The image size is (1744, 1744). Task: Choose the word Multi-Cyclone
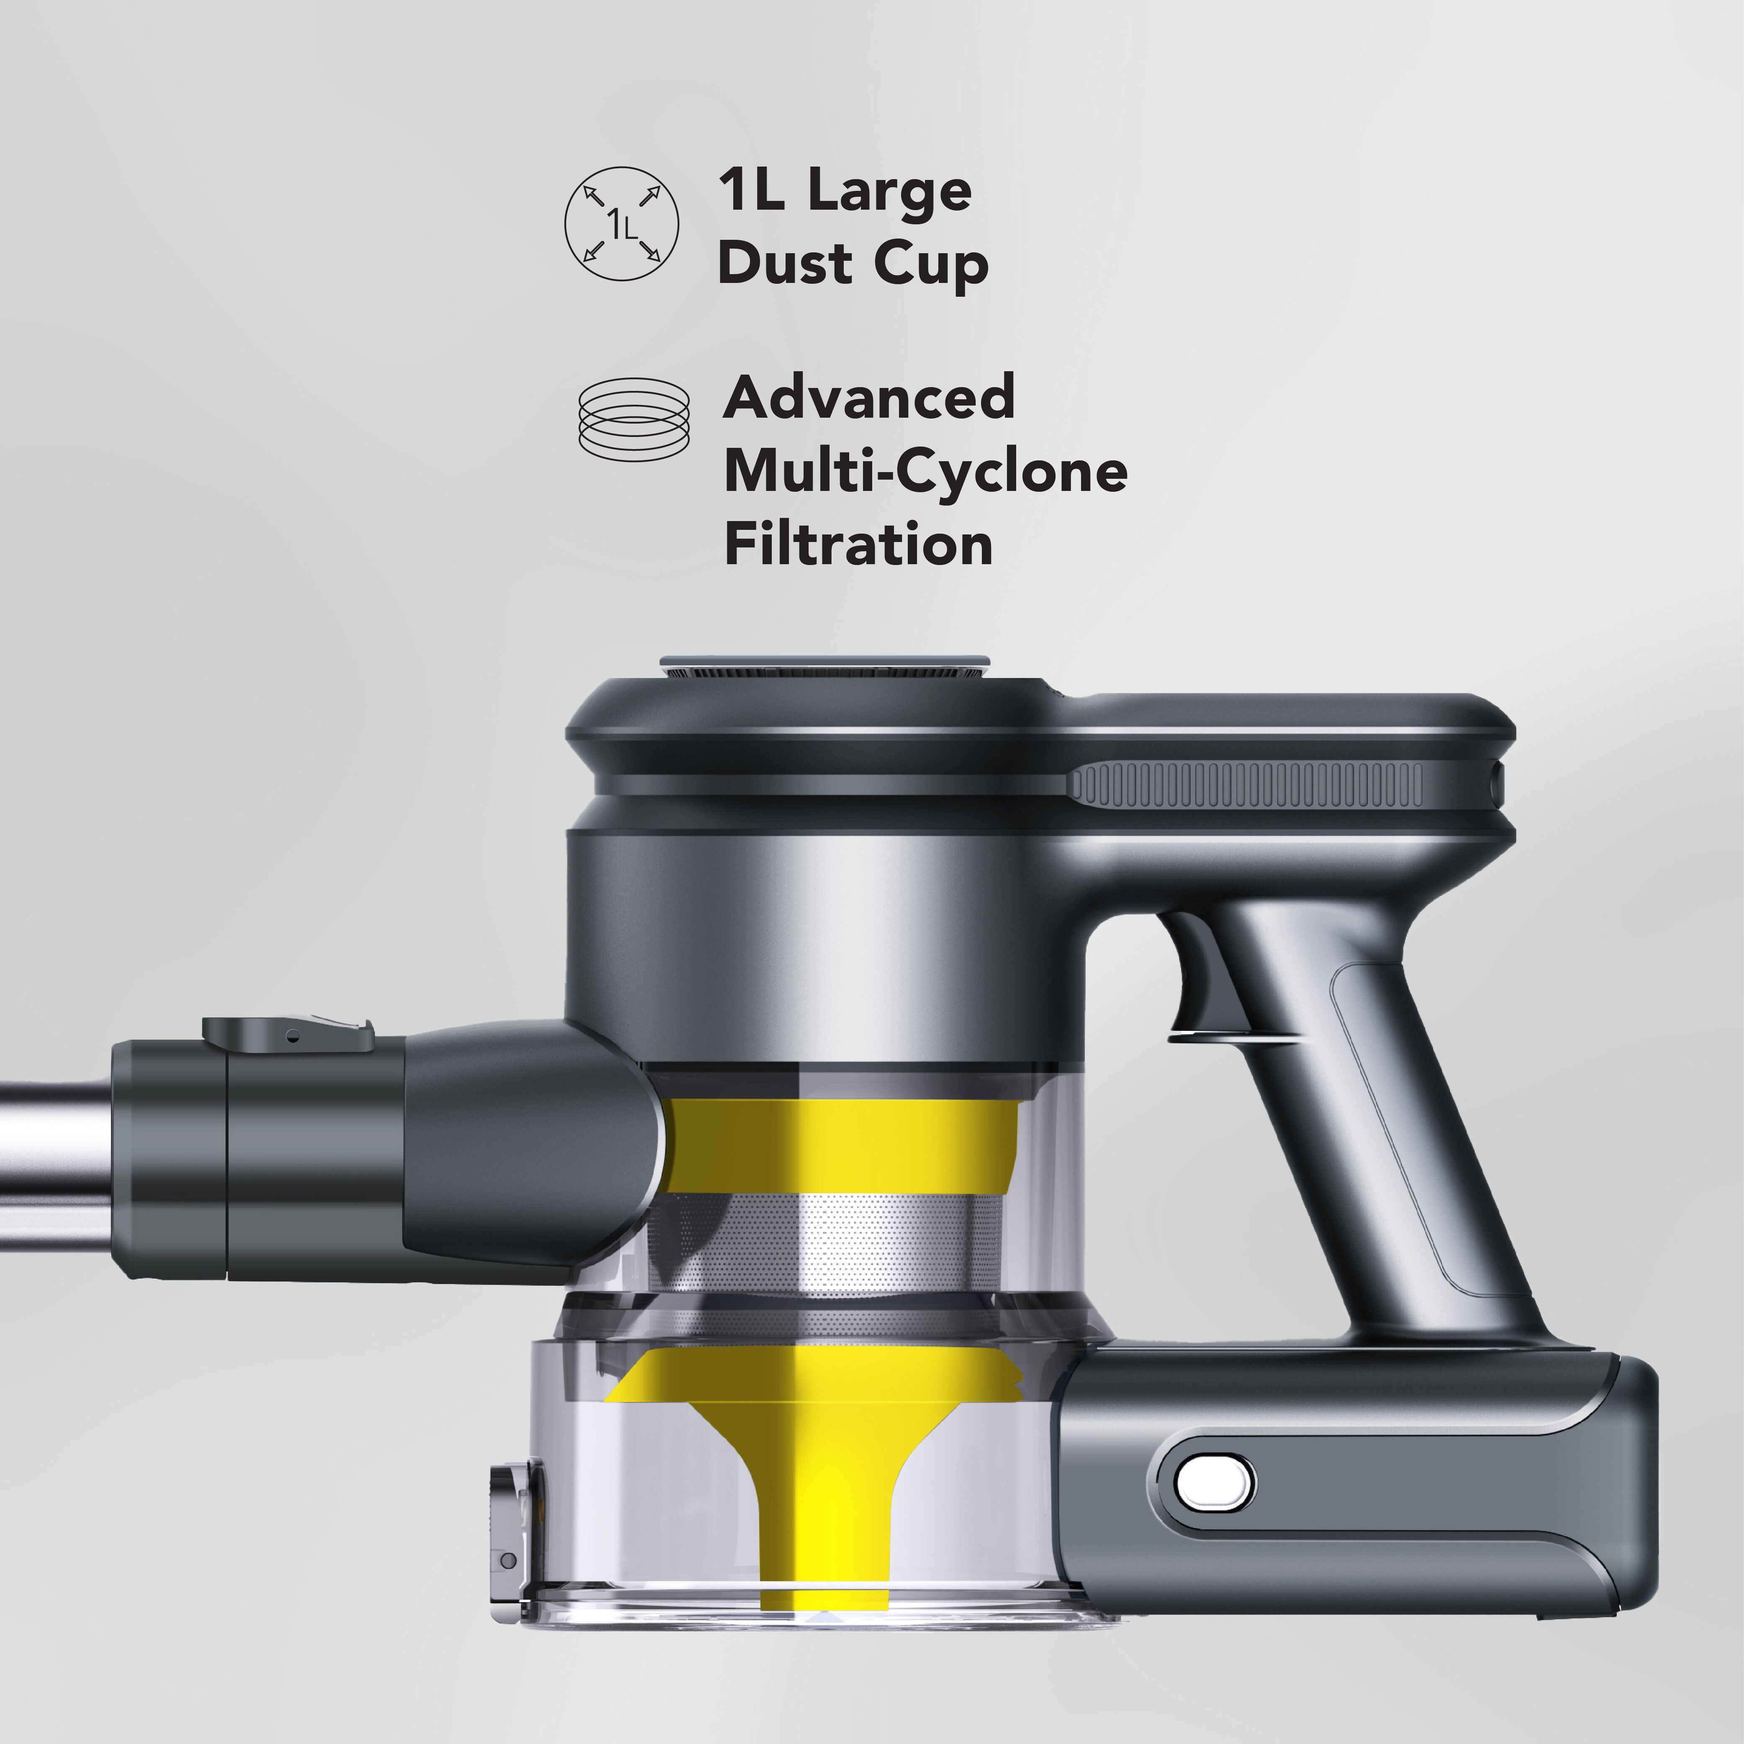point(925,472)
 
